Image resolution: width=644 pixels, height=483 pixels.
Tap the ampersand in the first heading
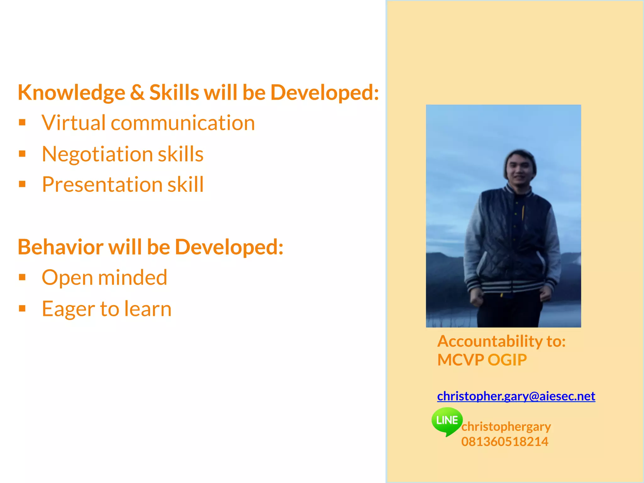click(137, 92)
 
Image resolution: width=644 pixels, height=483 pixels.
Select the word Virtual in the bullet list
click(74, 123)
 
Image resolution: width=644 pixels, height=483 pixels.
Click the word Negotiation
click(97, 154)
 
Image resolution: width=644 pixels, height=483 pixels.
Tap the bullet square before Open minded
click(22, 277)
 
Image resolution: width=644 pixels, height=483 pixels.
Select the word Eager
click(68, 309)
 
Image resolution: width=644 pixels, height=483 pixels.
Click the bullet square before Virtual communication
click(22, 122)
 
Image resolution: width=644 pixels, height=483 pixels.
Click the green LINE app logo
click(447, 420)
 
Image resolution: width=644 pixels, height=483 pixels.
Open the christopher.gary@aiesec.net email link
click(516, 396)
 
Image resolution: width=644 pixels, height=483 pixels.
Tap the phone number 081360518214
click(505, 442)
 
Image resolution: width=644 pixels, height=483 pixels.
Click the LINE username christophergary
click(506, 427)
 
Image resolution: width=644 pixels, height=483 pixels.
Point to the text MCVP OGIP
click(482, 360)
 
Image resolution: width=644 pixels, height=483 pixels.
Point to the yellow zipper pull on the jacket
click(523, 212)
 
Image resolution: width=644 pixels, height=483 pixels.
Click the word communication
click(183, 123)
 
